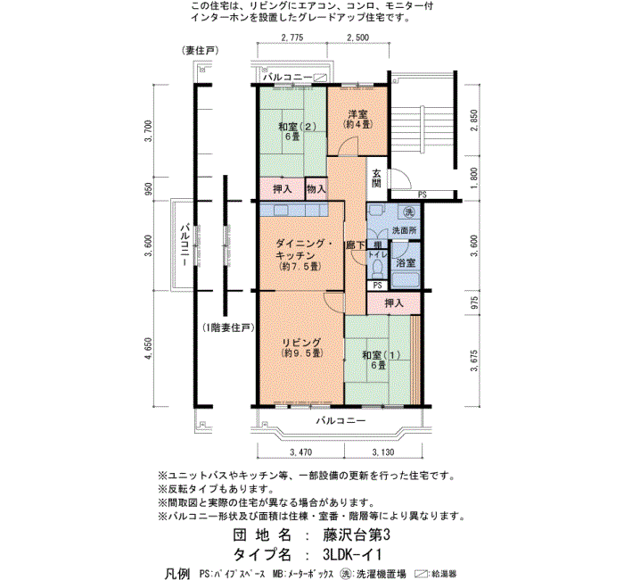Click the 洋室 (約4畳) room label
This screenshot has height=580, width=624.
(x=357, y=119)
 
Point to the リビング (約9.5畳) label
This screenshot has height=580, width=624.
(x=302, y=348)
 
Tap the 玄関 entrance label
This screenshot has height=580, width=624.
(x=376, y=178)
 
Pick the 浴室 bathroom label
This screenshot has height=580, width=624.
(x=406, y=263)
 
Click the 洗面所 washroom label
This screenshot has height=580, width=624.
(x=405, y=230)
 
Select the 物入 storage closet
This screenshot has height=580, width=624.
(x=316, y=189)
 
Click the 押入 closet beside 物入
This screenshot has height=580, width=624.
(x=283, y=189)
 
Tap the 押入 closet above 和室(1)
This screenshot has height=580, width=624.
(x=394, y=303)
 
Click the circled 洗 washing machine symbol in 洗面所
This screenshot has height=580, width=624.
(x=408, y=212)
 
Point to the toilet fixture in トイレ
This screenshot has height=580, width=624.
(x=376, y=269)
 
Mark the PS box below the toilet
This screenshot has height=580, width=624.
(x=377, y=286)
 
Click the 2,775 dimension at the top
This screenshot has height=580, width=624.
(x=292, y=37)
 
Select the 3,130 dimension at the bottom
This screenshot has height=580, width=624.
(x=382, y=452)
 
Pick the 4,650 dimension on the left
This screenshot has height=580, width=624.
(x=149, y=349)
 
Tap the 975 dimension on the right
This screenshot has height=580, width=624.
(x=474, y=302)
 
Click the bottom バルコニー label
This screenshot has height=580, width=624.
(x=341, y=420)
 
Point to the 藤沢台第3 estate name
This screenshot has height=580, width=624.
(x=357, y=535)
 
